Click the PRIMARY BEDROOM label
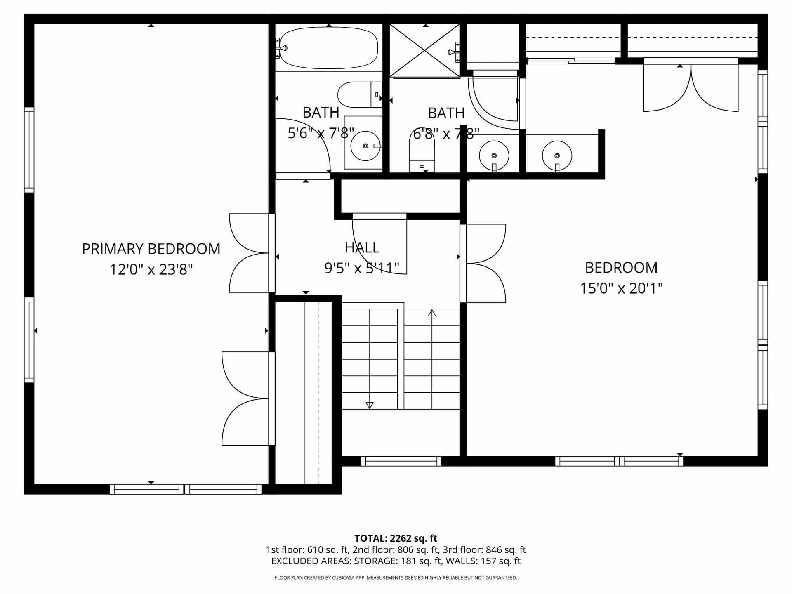coord(151,249)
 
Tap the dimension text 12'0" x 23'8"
coord(151,269)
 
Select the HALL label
coord(362,247)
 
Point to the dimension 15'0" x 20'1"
coord(621,288)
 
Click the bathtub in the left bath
coord(328,48)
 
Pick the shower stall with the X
coord(424,51)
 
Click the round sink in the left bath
coord(365,146)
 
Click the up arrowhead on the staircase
coord(432,313)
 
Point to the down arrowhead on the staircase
coord(370,405)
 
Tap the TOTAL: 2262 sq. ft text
coord(396,538)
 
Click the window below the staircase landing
coord(401,461)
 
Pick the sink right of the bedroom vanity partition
coord(557,156)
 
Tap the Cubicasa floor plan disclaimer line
coord(396,578)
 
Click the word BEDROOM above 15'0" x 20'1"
coord(621,268)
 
